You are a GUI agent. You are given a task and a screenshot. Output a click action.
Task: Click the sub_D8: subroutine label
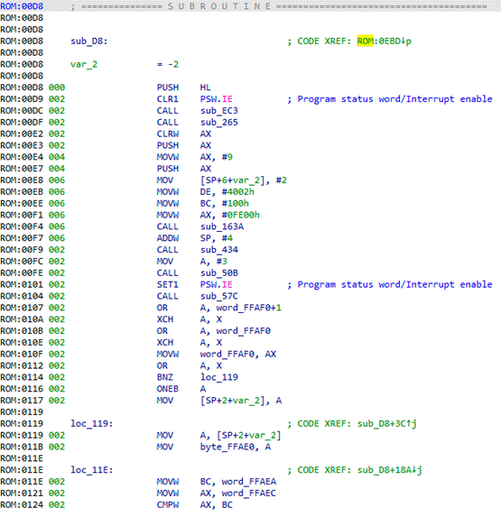coord(89,42)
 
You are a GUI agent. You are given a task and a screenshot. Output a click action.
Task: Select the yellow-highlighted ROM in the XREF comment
coord(365,42)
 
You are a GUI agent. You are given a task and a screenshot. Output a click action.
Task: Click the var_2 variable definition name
coord(84,64)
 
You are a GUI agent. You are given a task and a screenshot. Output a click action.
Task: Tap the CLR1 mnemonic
coord(168,99)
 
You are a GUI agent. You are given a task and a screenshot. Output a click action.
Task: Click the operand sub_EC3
coord(219,111)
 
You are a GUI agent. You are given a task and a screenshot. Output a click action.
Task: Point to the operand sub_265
coord(219,123)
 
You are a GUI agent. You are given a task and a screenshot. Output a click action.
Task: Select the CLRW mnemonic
coord(168,134)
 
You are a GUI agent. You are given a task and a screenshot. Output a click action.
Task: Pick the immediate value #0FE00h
coord(240,215)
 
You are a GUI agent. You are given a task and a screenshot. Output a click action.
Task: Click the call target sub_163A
coord(222,226)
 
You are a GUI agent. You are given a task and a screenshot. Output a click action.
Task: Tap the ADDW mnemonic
coord(168,238)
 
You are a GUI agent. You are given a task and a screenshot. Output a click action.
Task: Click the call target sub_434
coord(219,250)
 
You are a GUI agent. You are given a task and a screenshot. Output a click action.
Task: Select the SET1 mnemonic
coord(168,284)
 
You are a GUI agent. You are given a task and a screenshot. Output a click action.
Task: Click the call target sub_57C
coord(219,296)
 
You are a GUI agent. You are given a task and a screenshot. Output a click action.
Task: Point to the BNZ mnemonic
coord(165,377)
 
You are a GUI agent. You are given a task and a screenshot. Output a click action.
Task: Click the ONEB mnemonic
coord(168,389)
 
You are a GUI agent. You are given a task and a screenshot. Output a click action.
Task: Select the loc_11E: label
coord(92,470)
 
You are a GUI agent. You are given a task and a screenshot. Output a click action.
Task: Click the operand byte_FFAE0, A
coord(236,447)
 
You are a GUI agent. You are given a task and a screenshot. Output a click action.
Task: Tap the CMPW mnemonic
coord(168,504)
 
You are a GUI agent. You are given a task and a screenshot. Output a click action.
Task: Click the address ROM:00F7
coord(22,238)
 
